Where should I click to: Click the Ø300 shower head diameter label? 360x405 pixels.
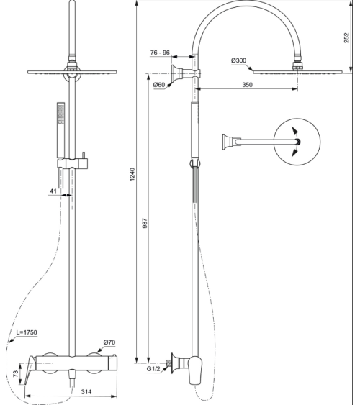(x=239, y=61)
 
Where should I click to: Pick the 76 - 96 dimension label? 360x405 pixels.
(x=160, y=52)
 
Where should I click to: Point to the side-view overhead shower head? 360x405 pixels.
(x=294, y=71)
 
